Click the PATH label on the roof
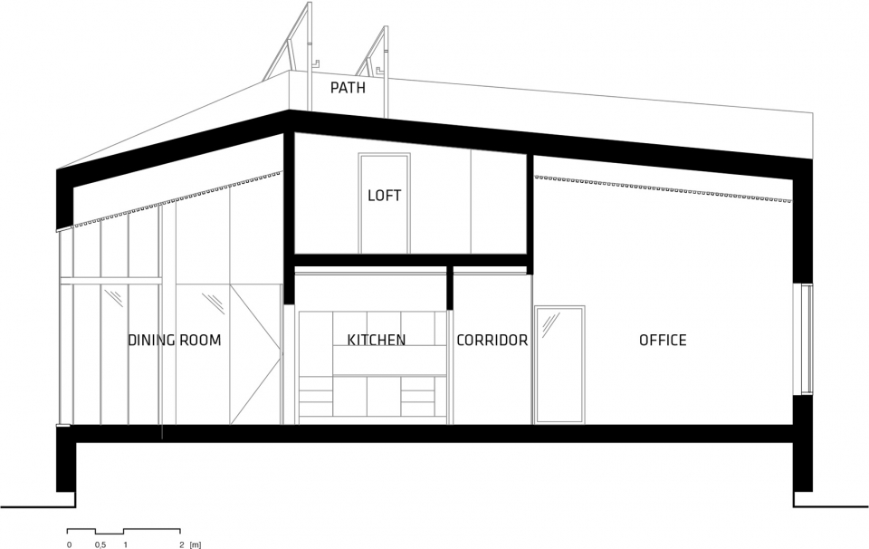coord(348,88)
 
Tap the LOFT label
coord(384,195)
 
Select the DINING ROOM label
coord(175,340)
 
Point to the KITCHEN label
coord(377,340)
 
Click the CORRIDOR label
coord(492,340)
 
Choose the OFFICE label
coord(663,340)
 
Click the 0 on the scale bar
coord(70,544)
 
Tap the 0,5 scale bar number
coord(100,544)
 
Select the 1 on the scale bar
coord(125,544)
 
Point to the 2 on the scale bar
coord(182,544)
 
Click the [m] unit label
coord(196,544)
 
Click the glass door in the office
coord(559,364)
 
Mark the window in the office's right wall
coord(807,339)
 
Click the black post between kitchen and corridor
coord(450,287)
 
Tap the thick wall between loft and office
coord(530,214)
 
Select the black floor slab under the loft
coord(410,260)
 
